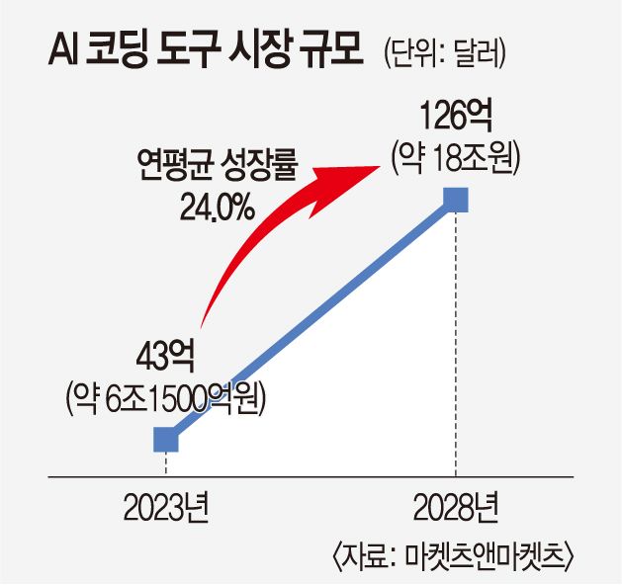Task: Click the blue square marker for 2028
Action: pos(456,201)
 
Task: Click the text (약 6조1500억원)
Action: pos(168,395)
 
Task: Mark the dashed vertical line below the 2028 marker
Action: pos(456,346)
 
